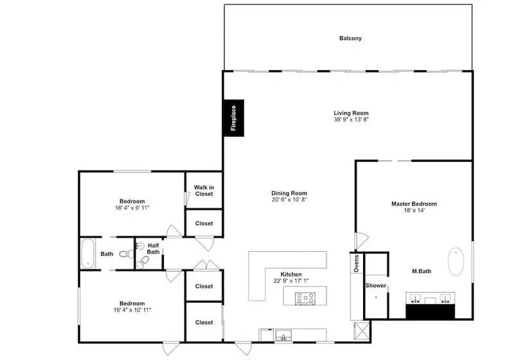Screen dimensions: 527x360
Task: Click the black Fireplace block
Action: [x=234, y=118]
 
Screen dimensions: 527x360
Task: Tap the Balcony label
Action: [x=350, y=39]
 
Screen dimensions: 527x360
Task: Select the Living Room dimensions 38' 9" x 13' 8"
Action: [x=351, y=120]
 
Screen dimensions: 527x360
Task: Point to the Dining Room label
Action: [x=289, y=193]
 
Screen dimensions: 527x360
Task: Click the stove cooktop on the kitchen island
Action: [x=305, y=298]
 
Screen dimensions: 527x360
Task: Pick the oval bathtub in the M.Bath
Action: [x=456, y=262]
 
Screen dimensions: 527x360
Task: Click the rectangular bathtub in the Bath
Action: [x=88, y=253]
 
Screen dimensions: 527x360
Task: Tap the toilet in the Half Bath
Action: [x=143, y=262]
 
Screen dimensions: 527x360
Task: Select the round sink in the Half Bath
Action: [x=140, y=246]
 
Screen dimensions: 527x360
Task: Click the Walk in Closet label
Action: [x=204, y=190]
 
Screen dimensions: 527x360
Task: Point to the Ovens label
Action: [x=356, y=264]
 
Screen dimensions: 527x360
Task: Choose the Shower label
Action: [x=376, y=285]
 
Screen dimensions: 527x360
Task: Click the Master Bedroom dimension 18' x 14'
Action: [x=414, y=210]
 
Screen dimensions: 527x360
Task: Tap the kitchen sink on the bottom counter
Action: [x=283, y=335]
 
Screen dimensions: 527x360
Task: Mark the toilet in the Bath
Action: [x=127, y=254]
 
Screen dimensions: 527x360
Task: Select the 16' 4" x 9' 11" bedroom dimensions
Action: [x=132, y=208]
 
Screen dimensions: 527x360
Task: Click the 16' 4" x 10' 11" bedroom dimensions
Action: [x=132, y=310]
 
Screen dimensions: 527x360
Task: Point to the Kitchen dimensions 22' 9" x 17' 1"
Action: [x=291, y=281]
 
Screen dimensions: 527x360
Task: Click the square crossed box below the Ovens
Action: [x=362, y=331]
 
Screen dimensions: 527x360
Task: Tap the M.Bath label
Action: [x=422, y=271]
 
